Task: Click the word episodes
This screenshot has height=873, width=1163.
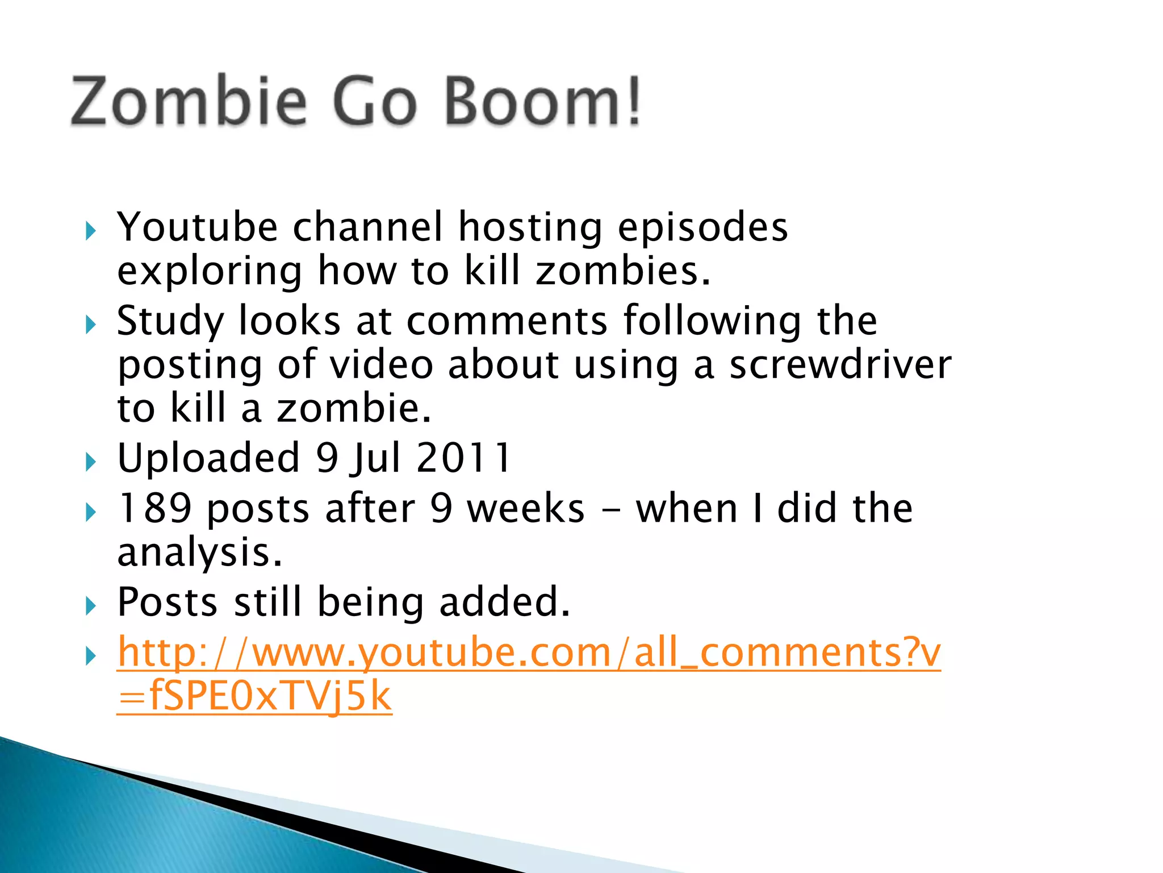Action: tap(702, 227)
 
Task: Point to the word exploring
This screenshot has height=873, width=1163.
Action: tap(210, 272)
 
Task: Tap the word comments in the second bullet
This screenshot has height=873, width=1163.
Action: tap(507, 321)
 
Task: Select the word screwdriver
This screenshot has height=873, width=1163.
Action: tap(840, 365)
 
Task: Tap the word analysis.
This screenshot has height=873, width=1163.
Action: tap(199, 552)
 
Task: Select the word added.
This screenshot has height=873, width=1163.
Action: tap(504, 602)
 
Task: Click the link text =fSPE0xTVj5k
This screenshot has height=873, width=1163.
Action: tap(254, 696)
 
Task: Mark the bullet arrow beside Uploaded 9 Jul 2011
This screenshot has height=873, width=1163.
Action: tap(91, 462)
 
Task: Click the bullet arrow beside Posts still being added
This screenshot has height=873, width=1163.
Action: tap(91, 606)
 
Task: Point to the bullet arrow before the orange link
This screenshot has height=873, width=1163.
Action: tap(91, 656)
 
